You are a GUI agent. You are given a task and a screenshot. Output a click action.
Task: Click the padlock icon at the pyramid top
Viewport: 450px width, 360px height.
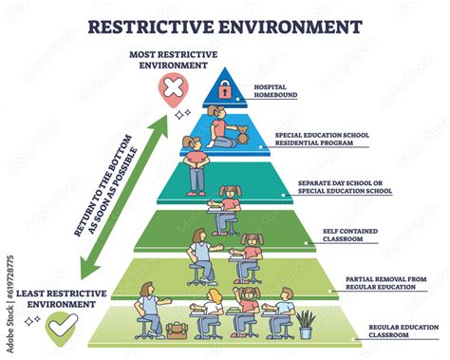pyautogui.click(x=225, y=90)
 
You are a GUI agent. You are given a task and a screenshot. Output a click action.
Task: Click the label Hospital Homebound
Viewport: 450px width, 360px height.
pyautogui.click(x=274, y=91)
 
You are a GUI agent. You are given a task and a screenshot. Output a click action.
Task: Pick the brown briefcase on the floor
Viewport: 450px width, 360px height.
pyautogui.click(x=176, y=330)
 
